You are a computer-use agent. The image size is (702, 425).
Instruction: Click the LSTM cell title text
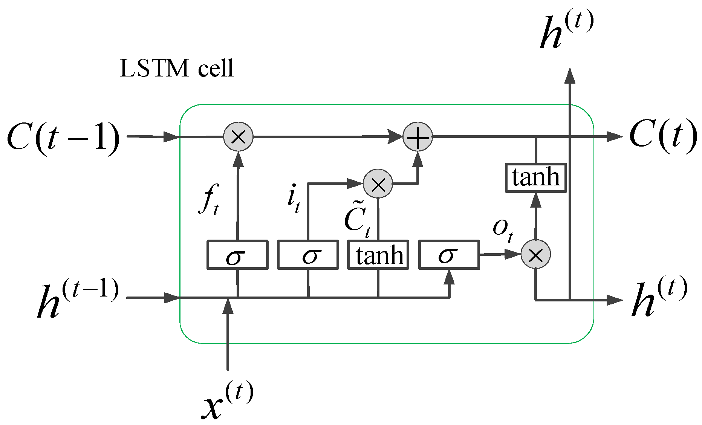176,69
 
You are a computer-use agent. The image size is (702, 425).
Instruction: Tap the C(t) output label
662,136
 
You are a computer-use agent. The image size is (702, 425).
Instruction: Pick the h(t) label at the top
566,30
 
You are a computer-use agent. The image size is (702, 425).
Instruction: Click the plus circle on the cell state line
418,137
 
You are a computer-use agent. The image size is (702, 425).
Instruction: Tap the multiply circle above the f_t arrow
238,136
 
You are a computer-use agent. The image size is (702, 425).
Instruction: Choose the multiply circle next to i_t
378,184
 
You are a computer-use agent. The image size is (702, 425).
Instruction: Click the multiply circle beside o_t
535,254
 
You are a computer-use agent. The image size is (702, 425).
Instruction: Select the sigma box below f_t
237,255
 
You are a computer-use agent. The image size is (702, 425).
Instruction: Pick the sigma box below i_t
308,255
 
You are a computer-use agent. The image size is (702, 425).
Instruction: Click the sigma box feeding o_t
449,255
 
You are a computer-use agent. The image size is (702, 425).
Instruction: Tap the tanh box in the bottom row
378,255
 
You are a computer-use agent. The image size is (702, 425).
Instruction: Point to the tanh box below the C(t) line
535,177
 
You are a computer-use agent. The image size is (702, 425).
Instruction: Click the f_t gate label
208,199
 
